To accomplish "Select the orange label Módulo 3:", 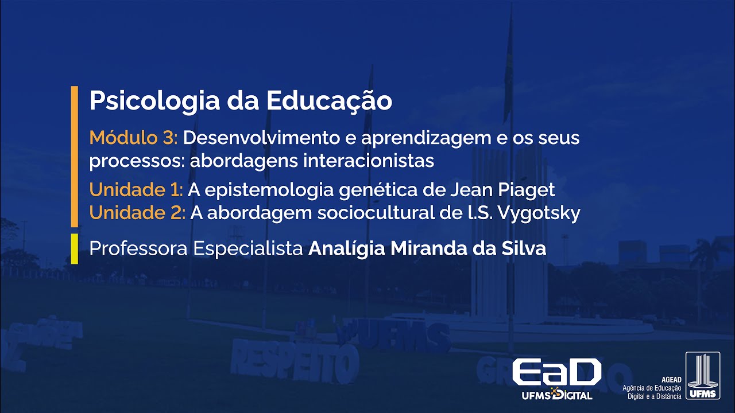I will pyautogui.click(x=134, y=138).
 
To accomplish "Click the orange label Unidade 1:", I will pyautogui.click(x=136, y=189).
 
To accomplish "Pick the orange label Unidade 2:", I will pyautogui.click(x=137, y=213).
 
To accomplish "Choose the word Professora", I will pyautogui.click(x=138, y=249).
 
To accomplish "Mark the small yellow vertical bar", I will pyautogui.click(x=74, y=248).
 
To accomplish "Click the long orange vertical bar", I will pyautogui.click(x=74, y=156).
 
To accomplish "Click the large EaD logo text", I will pyautogui.click(x=556, y=373).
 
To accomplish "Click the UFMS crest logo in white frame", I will pyautogui.click(x=702, y=376).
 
